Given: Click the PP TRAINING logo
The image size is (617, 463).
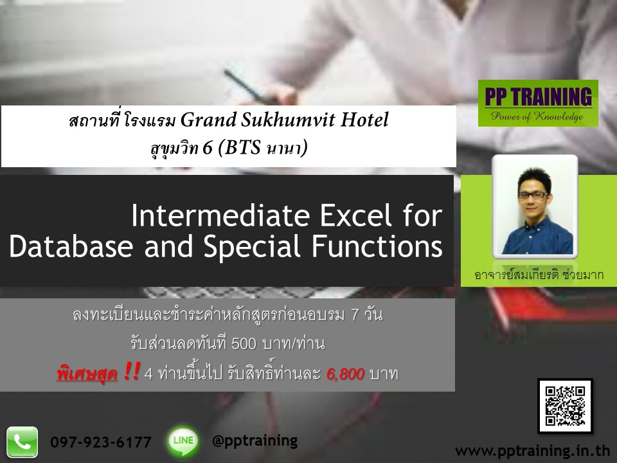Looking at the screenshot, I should (538, 103).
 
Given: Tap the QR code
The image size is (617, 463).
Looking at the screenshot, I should (564, 406).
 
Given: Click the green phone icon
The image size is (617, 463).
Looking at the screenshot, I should (22, 442).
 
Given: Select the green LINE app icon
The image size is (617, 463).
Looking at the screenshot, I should (183, 442).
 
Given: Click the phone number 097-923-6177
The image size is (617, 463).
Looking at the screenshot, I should (101, 442).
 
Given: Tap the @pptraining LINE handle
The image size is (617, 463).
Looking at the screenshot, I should (255, 440).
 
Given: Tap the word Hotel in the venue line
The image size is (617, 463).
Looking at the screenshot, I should (368, 120).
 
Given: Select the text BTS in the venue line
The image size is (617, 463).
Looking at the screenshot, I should (245, 149).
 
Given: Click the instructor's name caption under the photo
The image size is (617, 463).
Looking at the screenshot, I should (539, 276).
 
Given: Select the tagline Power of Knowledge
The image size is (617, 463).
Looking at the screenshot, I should (537, 116).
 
